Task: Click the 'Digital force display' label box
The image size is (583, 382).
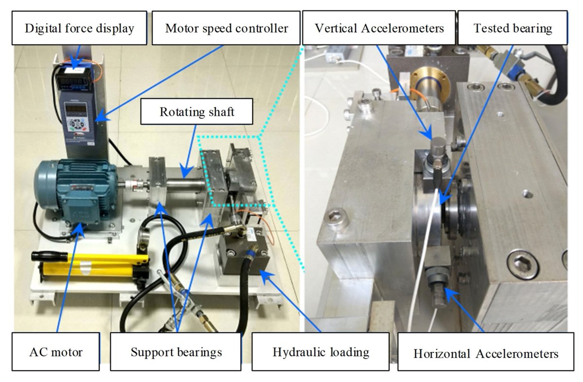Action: tap(80, 28)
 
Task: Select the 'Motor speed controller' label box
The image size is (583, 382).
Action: tap(226, 28)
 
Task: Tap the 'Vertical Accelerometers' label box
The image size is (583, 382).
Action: tap(379, 28)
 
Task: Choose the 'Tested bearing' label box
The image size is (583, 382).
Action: tap(513, 28)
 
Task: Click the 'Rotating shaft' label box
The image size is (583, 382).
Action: tap(197, 112)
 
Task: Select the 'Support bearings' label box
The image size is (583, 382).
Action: tap(176, 351)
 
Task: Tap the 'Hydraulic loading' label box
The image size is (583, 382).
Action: tap(321, 351)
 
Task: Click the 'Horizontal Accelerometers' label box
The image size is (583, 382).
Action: tap(486, 353)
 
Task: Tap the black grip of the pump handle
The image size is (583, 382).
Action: tap(49, 255)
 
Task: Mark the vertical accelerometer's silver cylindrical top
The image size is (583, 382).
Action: tap(439, 145)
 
